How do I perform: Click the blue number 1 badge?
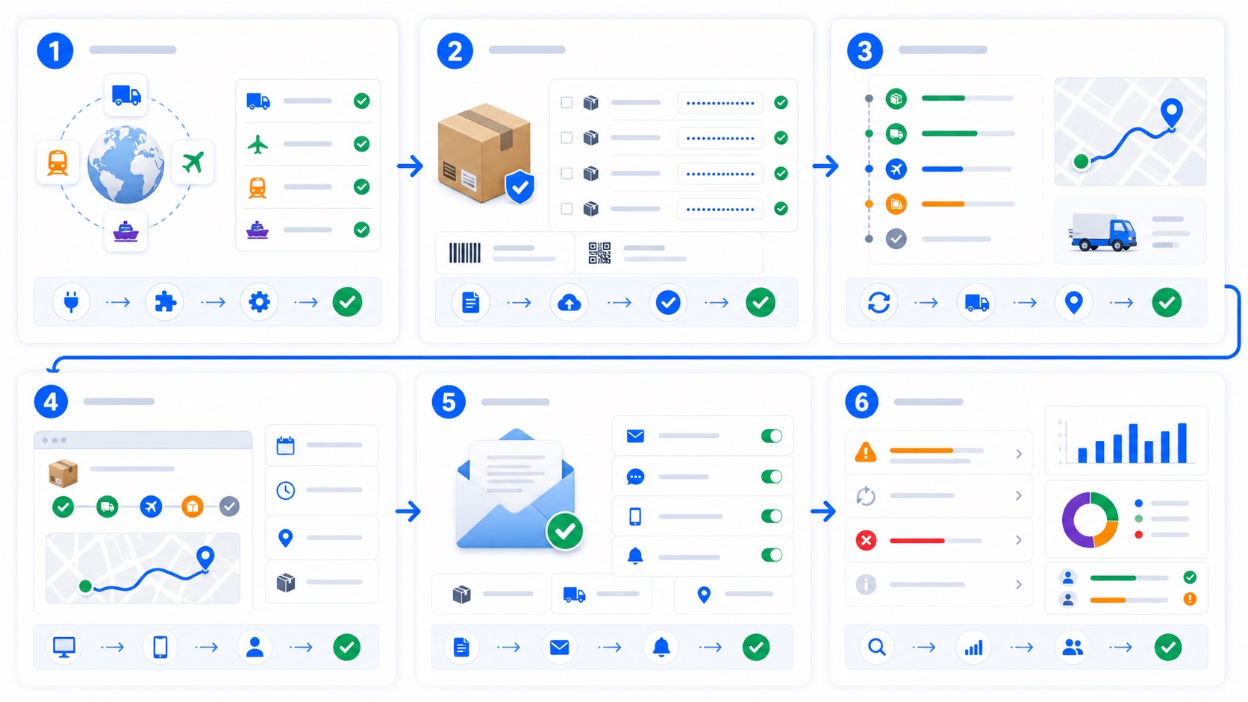pos(54,51)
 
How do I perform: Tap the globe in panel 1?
pos(126,165)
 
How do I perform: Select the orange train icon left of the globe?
pos(57,163)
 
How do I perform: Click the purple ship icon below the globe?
pos(125,231)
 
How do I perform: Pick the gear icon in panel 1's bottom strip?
pos(259,302)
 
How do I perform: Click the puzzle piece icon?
pos(166,302)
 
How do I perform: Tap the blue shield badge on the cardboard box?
pos(520,187)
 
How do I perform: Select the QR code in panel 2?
pos(599,254)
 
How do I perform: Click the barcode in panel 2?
pos(465,253)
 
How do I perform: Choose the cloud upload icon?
pos(569,303)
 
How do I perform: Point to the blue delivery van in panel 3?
pos(1102,232)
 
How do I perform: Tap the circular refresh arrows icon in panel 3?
pos(879,303)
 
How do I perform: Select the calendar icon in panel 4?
pos(285,446)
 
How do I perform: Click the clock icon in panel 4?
pos(286,490)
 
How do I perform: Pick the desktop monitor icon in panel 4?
pos(64,647)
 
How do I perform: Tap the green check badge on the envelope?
pos(565,531)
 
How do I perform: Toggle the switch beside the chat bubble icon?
pos(772,477)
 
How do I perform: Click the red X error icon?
pos(866,540)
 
